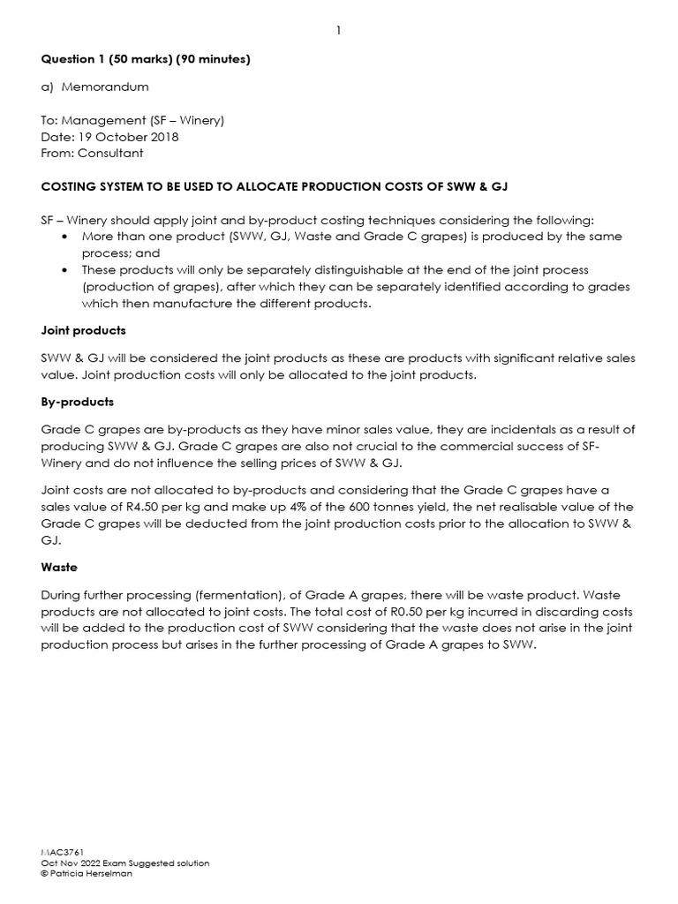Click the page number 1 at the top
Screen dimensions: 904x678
tap(338, 31)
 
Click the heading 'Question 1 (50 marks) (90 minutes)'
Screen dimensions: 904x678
tap(146, 59)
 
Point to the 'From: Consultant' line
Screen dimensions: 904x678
tap(92, 153)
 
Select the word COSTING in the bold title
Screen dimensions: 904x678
tap(70, 186)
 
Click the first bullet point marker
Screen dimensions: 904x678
tap(66, 237)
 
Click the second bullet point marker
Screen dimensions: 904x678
tap(66, 270)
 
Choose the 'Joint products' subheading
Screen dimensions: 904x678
tap(83, 330)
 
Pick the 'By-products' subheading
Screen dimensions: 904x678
tap(78, 402)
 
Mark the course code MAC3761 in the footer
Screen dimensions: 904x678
tap(62, 852)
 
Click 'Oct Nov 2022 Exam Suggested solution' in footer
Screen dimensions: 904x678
tap(125, 863)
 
